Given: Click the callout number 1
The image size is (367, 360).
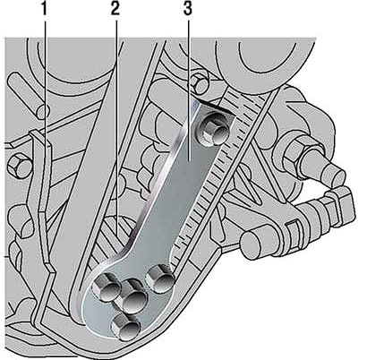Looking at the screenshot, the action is (x=44, y=9).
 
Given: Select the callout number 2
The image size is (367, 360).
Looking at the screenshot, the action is (x=115, y=9).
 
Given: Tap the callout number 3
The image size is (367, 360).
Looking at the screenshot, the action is (x=187, y=9).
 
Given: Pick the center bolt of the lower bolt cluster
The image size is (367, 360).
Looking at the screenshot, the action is (x=133, y=296).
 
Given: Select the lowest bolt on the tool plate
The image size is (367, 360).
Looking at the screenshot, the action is (x=125, y=327).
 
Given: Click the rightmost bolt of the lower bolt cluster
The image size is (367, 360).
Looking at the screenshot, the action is (x=159, y=280).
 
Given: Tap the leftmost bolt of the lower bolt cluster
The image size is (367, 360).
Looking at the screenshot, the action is (x=107, y=287).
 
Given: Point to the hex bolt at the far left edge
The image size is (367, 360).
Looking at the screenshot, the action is (x=19, y=165).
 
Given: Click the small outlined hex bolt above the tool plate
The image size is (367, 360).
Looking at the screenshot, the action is (x=200, y=83).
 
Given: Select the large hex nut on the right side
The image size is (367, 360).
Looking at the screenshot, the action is (x=301, y=157).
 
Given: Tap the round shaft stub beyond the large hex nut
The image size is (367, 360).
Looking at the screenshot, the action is (x=331, y=173).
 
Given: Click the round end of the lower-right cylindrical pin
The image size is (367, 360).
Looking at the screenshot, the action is (x=253, y=244).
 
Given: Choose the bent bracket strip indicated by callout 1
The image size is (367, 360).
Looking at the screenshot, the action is (x=41, y=209).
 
